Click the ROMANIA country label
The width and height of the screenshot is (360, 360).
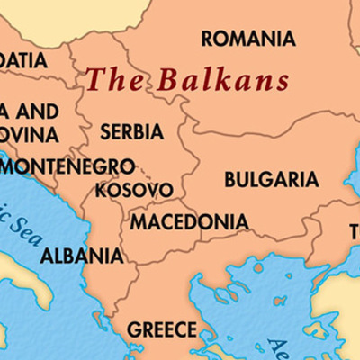click(x=248, y=39)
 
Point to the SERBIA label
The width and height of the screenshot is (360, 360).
click(x=131, y=131)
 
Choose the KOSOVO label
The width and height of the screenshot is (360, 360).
click(x=134, y=191)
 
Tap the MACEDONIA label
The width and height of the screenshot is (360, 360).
click(x=190, y=221)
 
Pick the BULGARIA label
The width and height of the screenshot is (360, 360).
click(x=271, y=179)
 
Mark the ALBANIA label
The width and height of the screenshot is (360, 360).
click(x=82, y=255)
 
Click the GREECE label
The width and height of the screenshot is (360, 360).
click(x=161, y=329)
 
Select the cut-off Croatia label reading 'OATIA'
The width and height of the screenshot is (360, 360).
click(x=22, y=60)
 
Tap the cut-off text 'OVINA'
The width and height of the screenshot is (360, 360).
click(x=28, y=135)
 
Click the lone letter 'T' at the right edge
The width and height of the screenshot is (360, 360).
click(x=355, y=233)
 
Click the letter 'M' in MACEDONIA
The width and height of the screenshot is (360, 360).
click(x=139, y=221)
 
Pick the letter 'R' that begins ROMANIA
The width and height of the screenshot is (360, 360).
click(x=208, y=39)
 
